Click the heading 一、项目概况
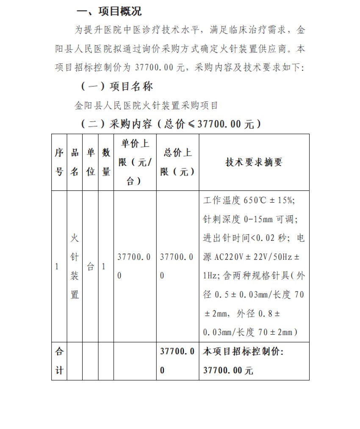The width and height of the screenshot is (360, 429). (108, 11)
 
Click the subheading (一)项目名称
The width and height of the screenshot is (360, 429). (117, 86)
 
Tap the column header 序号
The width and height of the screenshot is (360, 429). (59, 162)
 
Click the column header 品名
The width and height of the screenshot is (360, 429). (75, 162)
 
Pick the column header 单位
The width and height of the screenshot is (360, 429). (90, 162)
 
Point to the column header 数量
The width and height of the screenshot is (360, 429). (106, 162)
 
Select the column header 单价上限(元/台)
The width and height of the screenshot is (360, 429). (135, 162)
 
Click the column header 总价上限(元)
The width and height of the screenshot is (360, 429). (178, 162)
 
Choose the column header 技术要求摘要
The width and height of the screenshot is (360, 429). (254, 162)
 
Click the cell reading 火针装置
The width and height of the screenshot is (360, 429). (75, 267)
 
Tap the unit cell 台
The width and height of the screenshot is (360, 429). (90, 267)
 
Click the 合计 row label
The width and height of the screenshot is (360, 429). (59, 360)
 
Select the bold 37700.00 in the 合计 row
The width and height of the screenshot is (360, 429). (177, 360)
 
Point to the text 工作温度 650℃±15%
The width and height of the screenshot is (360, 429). (249, 200)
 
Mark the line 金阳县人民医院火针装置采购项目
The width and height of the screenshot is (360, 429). (147, 105)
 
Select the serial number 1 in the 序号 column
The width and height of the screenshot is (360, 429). (57, 267)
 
